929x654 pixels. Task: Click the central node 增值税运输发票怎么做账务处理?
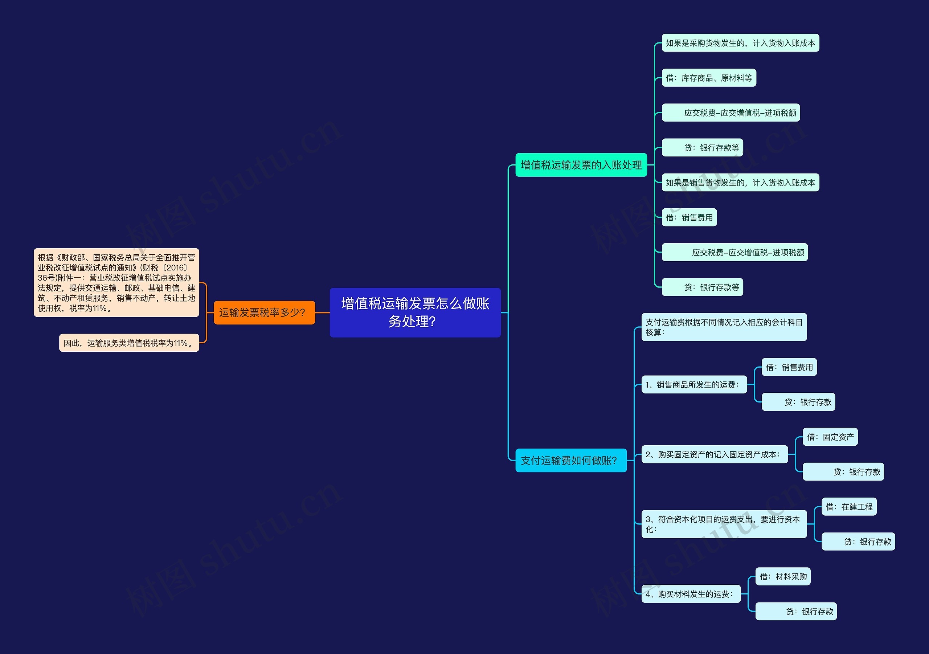[415, 312]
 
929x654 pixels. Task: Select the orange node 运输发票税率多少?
[264, 312]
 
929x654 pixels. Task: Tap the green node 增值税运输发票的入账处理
[581, 165]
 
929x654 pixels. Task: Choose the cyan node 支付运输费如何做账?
[570, 460]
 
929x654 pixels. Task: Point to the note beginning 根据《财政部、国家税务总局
[116, 282]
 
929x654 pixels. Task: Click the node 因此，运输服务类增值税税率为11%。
[129, 343]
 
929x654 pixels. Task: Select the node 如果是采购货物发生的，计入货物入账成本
[740, 43]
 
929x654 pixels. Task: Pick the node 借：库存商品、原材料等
[709, 78]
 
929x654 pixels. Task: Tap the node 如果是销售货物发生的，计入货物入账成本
[740, 183]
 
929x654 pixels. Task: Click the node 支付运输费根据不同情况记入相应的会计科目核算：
[724, 327]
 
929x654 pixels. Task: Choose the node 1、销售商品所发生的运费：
[694, 384]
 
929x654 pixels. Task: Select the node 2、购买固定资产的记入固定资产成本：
[715, 454]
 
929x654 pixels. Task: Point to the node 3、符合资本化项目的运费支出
[724, 524]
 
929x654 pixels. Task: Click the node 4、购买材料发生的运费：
[691, 594]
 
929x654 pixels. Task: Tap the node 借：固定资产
[830, 437]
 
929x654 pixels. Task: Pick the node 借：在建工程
[849, 507]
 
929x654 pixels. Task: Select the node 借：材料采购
[783, 576]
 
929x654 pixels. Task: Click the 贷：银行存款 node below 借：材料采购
[796, 611]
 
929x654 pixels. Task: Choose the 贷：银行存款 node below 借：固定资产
[843, 471]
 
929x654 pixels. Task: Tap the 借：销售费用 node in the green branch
[689, 217]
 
